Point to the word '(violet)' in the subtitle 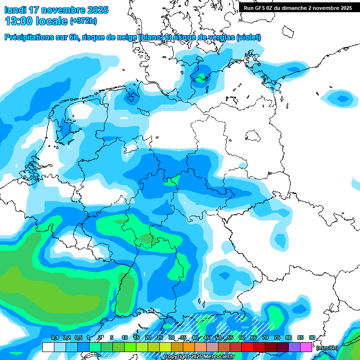pos(248,37)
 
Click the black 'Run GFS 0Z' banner pos(298,7)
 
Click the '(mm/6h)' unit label pos(327,348)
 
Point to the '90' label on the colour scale pos(312,337)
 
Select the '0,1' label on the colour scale pos(54,337)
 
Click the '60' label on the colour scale pos(242,337)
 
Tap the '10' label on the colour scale pos(125,337)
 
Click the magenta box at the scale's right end pos(306,347)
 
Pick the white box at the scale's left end pos(48,347)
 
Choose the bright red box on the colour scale pos(247,347)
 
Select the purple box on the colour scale pos(294,347)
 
